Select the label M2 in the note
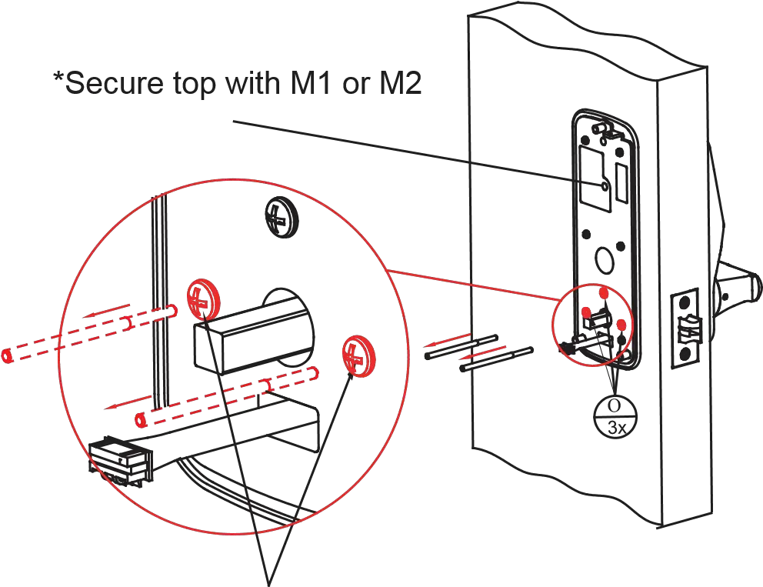click(401, 85)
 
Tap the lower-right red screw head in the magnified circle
click(356, 355)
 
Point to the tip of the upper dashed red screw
click(7, 356)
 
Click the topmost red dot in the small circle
click(604, 293)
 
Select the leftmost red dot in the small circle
click(586, 313)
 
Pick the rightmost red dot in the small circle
click(621, 325)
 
